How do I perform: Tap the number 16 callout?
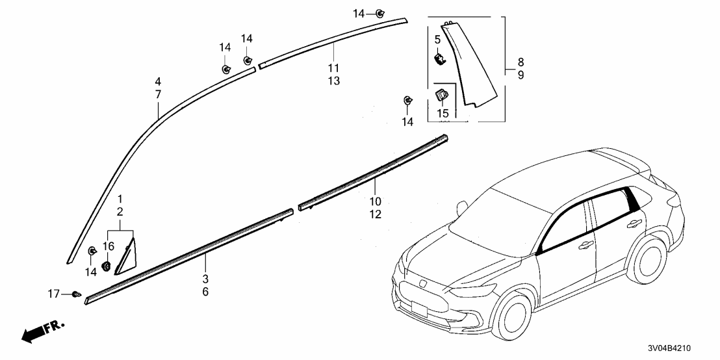click(108, 246)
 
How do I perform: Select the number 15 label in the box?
click(443, 113)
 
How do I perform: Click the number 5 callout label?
click(437, 40)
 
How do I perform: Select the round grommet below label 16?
click(107, 265)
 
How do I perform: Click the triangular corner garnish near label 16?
click(125, 257)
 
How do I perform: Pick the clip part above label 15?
click(441, 95)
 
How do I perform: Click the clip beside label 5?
click(440, 58)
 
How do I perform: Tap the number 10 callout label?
click(376, 201)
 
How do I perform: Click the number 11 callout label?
click(333, 68)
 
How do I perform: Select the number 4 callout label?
click(158, 82)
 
